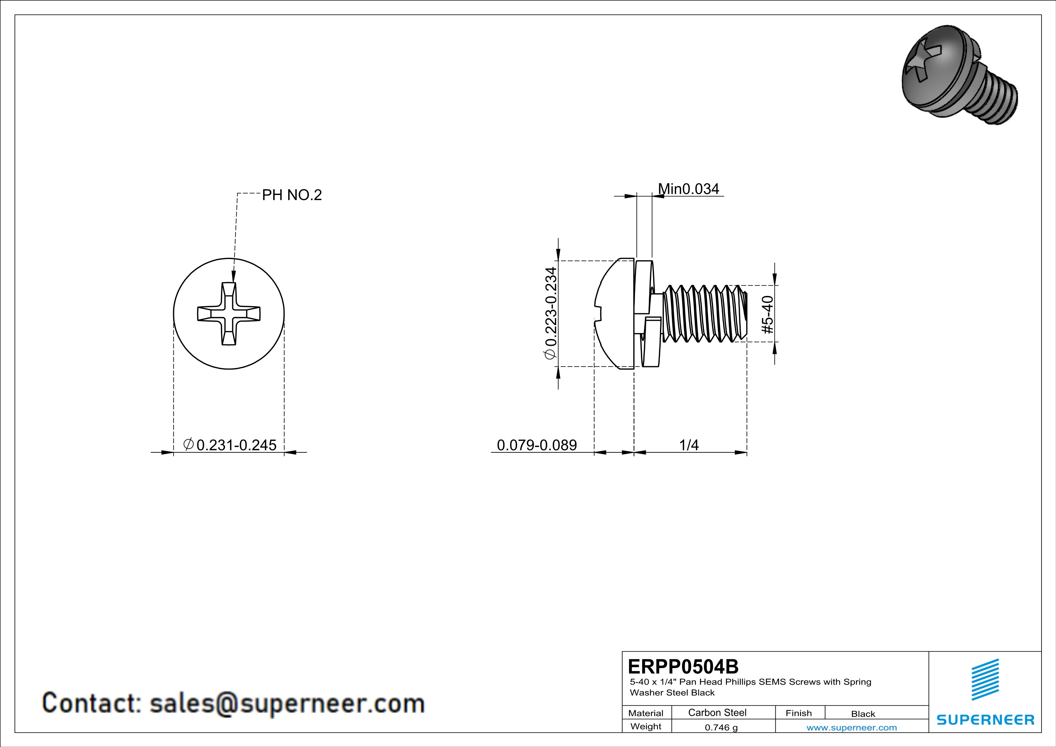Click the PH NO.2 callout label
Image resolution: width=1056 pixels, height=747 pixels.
point(291,195)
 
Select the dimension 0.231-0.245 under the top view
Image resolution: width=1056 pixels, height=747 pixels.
point(230,445)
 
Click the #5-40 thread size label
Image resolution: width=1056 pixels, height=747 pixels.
point(768,315)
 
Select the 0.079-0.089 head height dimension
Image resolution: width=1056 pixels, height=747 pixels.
point(537,445)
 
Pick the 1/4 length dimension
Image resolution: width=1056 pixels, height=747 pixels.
point(689,445)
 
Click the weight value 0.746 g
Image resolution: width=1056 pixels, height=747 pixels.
point(721,727)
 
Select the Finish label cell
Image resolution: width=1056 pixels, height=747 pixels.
point(799,713)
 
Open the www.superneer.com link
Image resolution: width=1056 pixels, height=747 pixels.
point(851,727)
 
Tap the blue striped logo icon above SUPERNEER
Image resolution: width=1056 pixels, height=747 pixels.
point(985,680)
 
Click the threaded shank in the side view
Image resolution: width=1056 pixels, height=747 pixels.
point(704,314)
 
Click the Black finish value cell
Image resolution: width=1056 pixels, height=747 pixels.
point(863,714)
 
